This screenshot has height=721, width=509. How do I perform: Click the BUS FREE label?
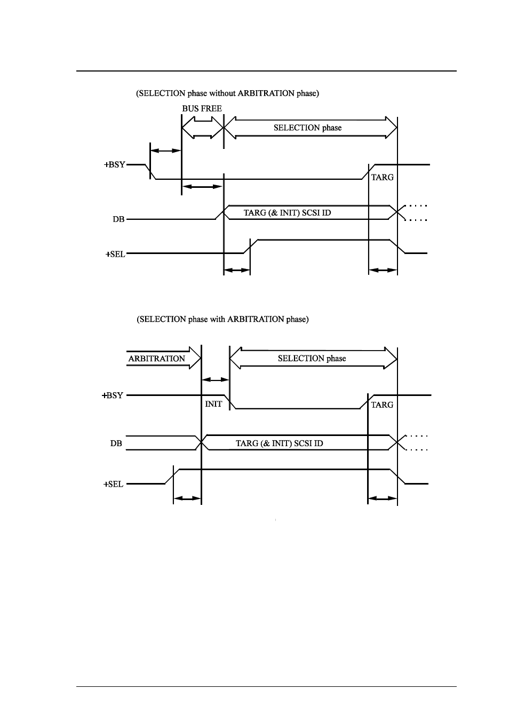tap(202, 108)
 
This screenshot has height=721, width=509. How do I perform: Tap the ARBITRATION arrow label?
tap(157, 359)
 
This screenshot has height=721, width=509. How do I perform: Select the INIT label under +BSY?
tap(213, 404)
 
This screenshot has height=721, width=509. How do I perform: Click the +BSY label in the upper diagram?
tap(114, 164)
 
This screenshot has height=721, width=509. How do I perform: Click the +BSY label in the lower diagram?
tap(113, 395)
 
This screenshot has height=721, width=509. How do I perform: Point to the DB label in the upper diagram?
tap(118, 219)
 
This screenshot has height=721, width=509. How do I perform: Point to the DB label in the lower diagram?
tap(116, 443)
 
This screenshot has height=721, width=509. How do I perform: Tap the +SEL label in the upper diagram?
tap(115, 254)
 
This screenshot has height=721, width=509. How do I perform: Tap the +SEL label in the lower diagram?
tap(113, 484)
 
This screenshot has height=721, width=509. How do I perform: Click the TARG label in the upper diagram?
tap(382, 177)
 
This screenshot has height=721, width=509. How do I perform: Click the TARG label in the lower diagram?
tap(382, 405)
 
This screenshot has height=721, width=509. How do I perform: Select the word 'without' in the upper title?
tap(222, 93)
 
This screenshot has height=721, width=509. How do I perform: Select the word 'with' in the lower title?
tap(218, 319)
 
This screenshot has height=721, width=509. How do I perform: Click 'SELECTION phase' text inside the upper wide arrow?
tap(308, 128)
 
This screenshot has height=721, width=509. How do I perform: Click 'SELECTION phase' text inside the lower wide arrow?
tap(312, 359)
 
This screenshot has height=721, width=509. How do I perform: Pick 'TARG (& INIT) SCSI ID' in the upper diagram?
tap(288, 213)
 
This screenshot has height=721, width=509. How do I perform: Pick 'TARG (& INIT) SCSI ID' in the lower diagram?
tap(279, 443)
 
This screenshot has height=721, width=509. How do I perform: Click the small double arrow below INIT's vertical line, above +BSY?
tap(215, 380)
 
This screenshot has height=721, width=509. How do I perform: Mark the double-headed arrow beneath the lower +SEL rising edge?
tap(187, 498)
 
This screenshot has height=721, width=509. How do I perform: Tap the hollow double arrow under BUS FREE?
tap(203, 128)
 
